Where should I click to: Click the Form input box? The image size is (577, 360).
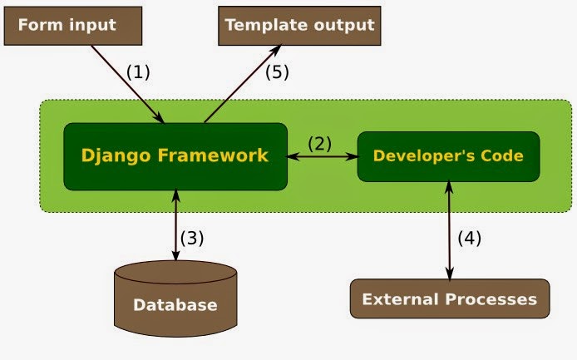point(72,25)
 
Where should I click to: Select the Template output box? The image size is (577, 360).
point(299,25)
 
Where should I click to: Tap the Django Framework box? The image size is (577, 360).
point(175,155)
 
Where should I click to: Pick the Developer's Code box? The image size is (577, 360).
point(447,155)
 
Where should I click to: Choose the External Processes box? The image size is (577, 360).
point(450,298)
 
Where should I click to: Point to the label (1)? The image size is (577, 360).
point(138,72)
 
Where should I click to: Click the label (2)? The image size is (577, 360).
point(319,142)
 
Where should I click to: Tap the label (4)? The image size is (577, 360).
point(469,237)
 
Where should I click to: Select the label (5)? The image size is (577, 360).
point(277,72)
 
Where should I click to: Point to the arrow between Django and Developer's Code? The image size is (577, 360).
point(323,155)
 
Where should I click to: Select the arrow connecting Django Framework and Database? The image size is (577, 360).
point(175,225)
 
